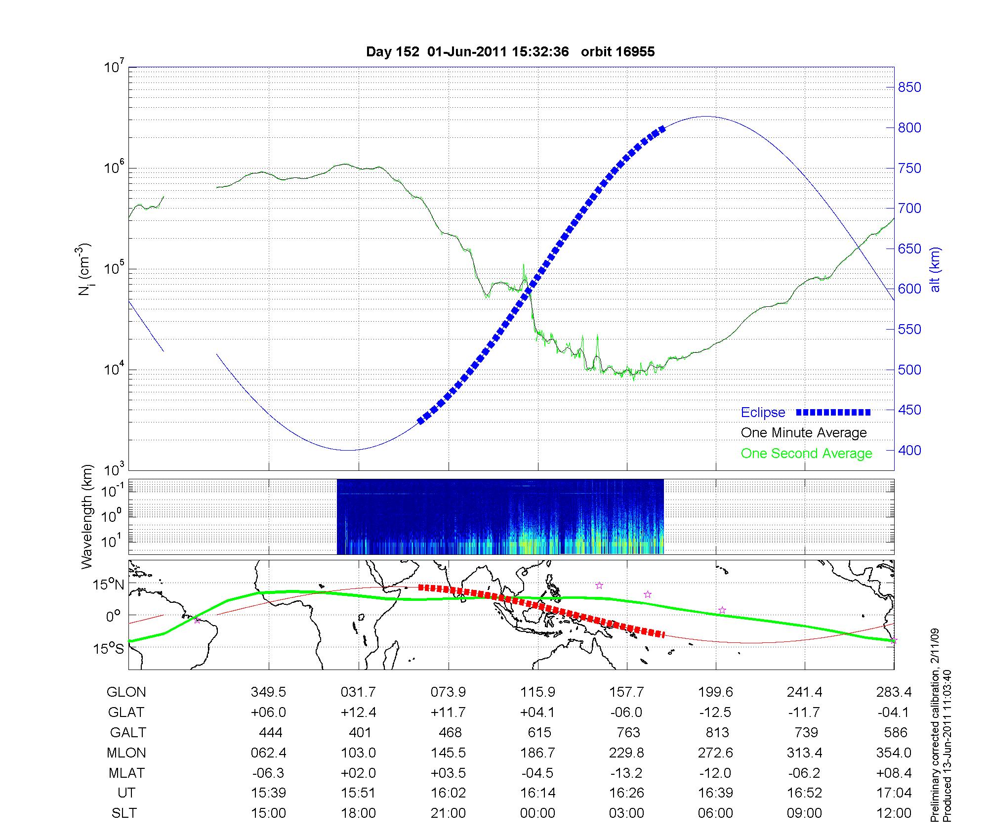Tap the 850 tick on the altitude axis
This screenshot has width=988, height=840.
pyautogui.click(x=909, y=87)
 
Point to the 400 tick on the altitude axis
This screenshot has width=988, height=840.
pyautogui.click(x=909, y=450)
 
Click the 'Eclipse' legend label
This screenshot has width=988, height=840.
pyautogui.click(x=763, y=412)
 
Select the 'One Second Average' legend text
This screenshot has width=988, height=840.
pyautogui.click(x=806, y=453)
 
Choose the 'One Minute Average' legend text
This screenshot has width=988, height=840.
pyautogui.click(x=804, y=433)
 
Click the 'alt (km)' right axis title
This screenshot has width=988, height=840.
pyautogui.click(x=935, y=270)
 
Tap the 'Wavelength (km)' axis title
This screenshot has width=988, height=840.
pyautogui.click(x=87, y=516)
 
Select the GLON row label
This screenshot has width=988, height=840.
pyautogui.click(x=126, y=692)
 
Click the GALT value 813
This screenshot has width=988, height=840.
pyautogui.click(x=717, y=732)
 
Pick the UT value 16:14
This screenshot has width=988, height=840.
pyautogui.click(x=537, y=793)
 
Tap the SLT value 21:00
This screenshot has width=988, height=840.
pyautogui.click(x=448, y=813)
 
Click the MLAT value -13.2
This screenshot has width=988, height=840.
pyautogui.click(x=627, y=773)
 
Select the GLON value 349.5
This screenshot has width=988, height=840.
pyautogui.click(x=268, y=692)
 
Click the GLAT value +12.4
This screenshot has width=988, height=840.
pyautogui.click(x=358, y=712)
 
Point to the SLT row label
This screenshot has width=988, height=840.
pyautogui.click(x=124, y=813)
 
